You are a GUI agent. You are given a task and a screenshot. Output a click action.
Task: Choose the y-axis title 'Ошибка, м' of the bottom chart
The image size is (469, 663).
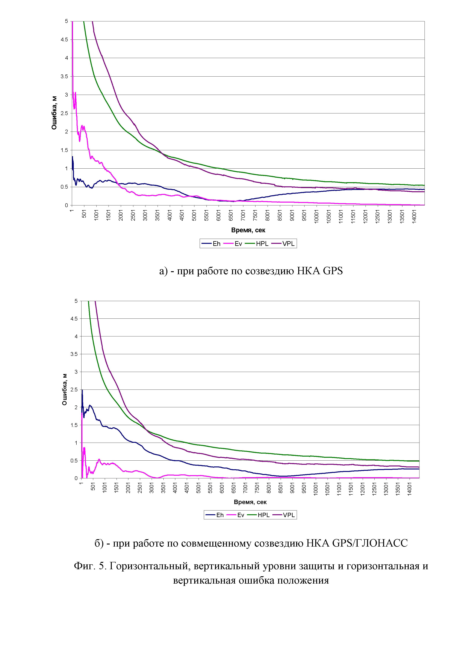[x=65, y=389]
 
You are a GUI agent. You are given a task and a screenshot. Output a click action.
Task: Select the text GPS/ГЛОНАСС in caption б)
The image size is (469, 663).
[x=370, y=543]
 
